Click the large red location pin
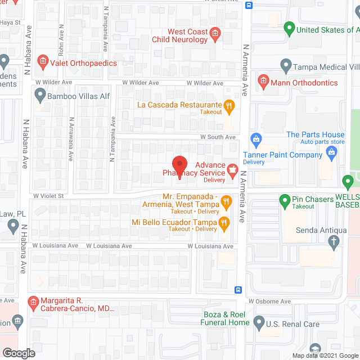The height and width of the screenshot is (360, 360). pos(179,167)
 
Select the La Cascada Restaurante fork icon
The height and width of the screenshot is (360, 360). pos(229,105)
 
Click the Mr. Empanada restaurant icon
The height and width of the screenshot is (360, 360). pos(226,200)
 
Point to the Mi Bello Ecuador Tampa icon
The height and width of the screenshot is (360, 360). pos(223,223)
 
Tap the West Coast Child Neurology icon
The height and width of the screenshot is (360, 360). pos(215,35)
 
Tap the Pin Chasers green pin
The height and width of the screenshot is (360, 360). pos(285,200)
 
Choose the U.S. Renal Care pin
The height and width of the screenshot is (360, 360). pos(259,323)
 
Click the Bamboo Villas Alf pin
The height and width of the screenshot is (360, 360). pos(38,96)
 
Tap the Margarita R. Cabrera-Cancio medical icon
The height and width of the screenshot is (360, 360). pos(33,304)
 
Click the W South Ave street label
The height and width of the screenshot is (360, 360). pos(218,137)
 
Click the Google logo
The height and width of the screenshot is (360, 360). pos(18,353)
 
